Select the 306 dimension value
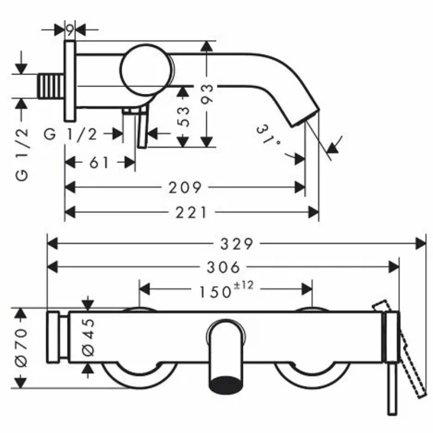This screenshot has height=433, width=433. click(223, 267)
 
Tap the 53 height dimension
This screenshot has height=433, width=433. click(184, 116)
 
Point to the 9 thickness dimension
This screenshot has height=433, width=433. click(69, 30)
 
